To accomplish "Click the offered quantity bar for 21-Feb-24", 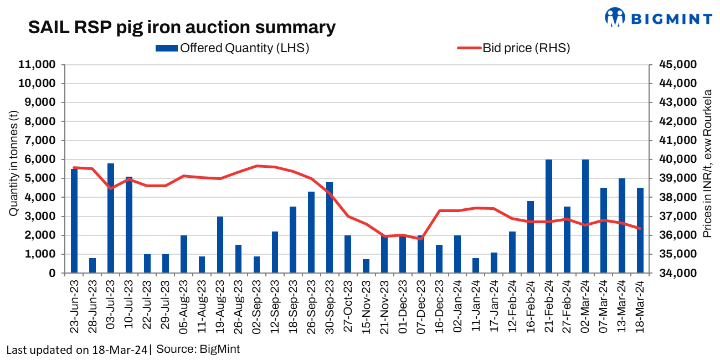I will [x=549, y=216].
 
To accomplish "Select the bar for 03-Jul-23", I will [x=111, y=218].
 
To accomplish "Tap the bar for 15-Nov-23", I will [x=366, y=266].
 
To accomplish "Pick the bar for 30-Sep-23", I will [x=330, y=227].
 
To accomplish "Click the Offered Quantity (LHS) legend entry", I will [x=233, y=48].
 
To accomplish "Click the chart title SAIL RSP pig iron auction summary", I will [x=182, y=27].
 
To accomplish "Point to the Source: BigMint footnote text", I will [x=198, y=349].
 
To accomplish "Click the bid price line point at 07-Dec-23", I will [x=421, y=239].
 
